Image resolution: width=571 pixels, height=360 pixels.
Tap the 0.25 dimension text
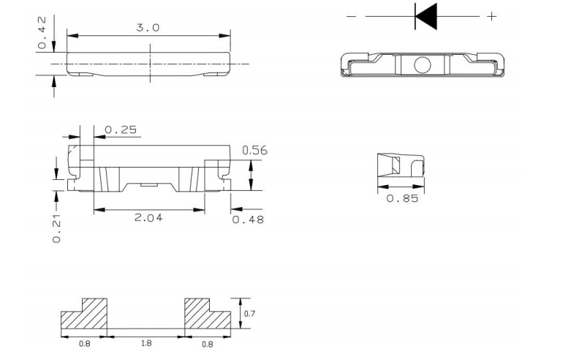121,130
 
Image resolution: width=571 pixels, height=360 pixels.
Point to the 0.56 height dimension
254,150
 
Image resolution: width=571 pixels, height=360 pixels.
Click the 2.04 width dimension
148,217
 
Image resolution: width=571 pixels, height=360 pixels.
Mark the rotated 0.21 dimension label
58,228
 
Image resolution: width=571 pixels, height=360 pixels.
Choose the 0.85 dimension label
402,199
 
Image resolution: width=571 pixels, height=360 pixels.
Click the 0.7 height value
249,312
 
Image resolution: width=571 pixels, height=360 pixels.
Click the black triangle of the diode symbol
426,16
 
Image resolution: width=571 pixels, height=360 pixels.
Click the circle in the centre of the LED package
423,64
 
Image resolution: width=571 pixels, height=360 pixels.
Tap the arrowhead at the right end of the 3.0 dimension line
227,35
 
